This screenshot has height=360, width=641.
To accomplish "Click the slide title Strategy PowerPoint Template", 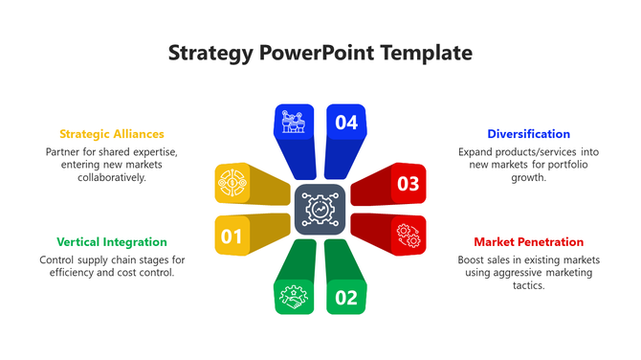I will tap(320, 53).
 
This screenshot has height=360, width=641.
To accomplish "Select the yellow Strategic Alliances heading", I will tap(112, 134).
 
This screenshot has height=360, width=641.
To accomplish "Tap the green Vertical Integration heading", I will tap(112, 242).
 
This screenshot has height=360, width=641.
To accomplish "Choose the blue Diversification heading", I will tap(528, 134).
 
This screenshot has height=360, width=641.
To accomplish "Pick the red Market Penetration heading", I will tap(528, 242).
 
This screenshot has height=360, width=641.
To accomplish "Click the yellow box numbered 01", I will tap(232, 236).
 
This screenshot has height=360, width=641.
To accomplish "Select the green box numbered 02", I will tap(346, 297).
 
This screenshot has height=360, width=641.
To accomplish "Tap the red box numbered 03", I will tap(408, 183).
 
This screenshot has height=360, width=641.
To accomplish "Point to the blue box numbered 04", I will tap(346, 123).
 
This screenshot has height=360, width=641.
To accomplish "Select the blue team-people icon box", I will tap(294, 123).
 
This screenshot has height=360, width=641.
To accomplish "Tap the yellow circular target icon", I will tap(232, 182).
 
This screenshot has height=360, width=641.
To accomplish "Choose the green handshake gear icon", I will tap(294, 297).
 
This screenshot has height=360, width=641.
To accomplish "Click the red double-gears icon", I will tap(408, 235).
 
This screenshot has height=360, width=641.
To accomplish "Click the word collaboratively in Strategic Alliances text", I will tap(112, 177).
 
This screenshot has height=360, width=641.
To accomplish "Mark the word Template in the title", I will tap(428, 53).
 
